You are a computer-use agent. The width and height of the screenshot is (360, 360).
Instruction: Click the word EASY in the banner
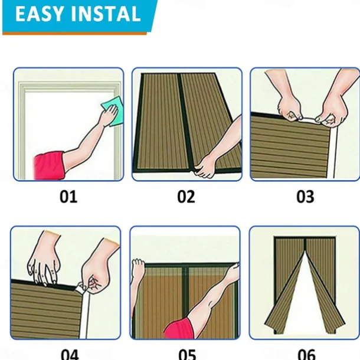(x=39, y=14)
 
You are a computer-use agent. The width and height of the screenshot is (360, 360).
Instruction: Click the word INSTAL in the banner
(x=106, y=14)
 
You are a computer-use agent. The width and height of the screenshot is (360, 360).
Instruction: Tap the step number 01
(x=68, y=197)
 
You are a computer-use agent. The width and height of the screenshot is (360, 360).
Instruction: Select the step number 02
(x=186, y=197)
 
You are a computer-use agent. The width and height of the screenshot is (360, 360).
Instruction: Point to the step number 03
(x=305, y=197)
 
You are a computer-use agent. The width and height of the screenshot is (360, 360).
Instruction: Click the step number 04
(x=70, y=354)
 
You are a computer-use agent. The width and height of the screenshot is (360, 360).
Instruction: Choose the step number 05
(x=187, y=354)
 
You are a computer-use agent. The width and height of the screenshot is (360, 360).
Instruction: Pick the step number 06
(x=306, y=354)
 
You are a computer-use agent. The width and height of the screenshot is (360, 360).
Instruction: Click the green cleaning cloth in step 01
(x=113, y=111)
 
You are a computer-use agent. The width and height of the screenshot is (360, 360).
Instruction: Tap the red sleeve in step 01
(x=49, y=166)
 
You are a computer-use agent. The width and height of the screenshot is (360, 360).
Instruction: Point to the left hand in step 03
(x=289, y=110)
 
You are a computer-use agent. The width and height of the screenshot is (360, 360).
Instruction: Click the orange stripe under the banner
(x=74, y=34)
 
